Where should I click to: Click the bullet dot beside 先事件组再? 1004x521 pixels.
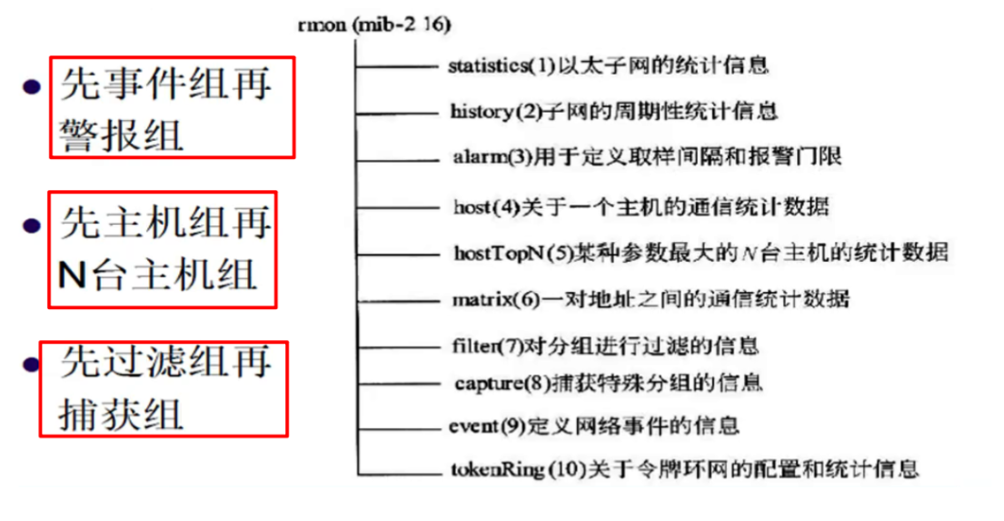(33, 87)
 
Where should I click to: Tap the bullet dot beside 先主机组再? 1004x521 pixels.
(34, 225)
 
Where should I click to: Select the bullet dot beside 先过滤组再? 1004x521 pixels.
(33, 365)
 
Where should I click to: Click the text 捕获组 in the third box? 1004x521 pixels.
(122, 415)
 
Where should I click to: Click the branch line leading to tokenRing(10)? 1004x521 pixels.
(400, 472)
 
